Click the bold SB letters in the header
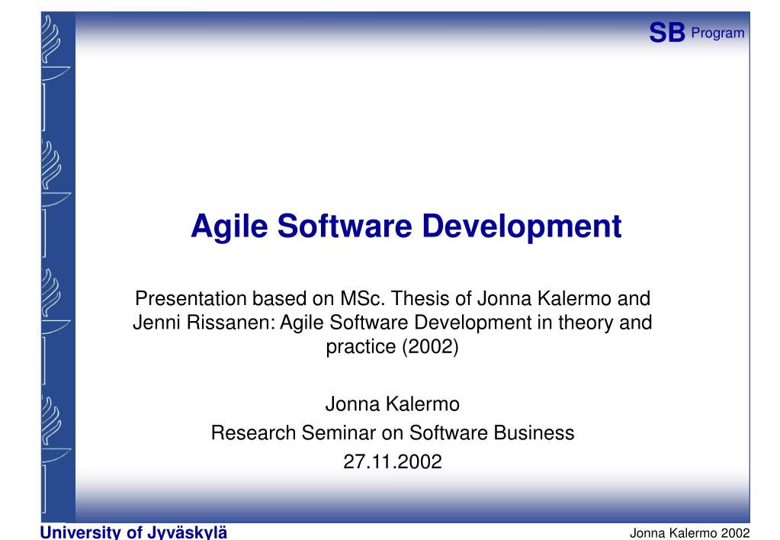(666, 32)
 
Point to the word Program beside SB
(717, 32)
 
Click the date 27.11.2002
(393, 461)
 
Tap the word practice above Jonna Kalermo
(356, 348)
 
